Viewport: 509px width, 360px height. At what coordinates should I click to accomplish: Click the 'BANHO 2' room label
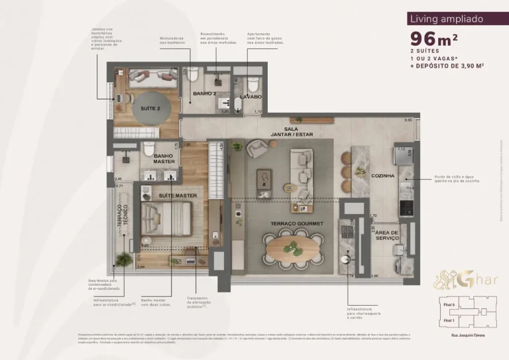204,93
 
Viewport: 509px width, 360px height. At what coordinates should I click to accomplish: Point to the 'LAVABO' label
249,97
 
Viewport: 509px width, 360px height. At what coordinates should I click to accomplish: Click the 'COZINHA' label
384,176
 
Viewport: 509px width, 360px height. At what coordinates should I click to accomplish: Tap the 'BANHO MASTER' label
164,158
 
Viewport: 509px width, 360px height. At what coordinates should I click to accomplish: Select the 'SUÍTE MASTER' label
177,196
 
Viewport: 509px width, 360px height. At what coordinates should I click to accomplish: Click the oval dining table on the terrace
293,251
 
